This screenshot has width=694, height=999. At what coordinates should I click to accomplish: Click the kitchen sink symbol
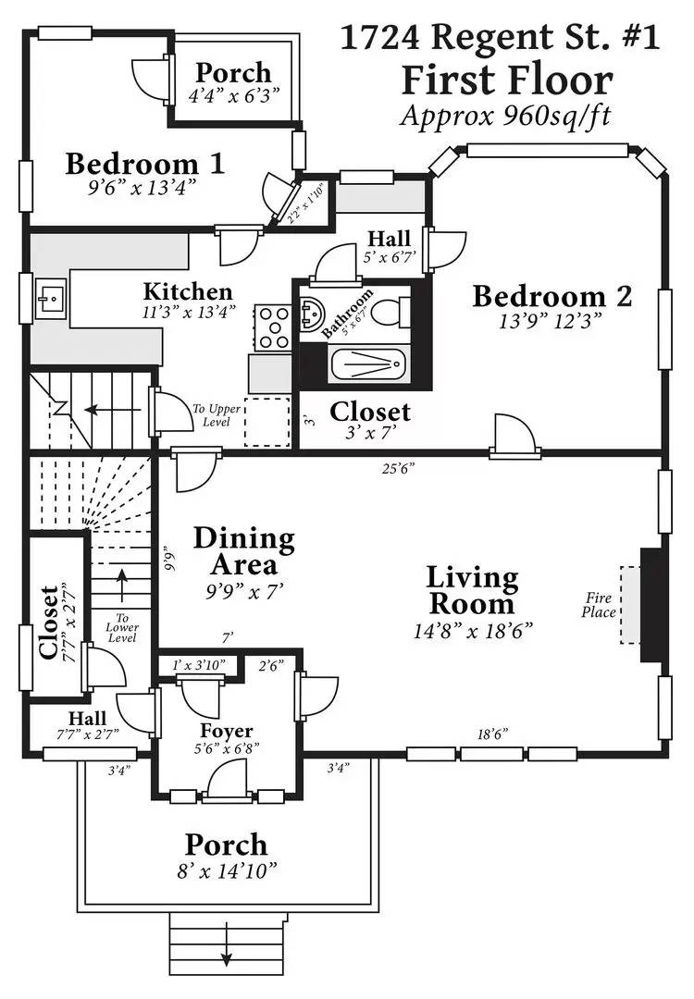[50, 298]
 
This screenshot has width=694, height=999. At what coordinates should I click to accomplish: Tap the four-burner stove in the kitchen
[274, 327]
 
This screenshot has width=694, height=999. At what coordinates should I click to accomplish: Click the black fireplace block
[652, 605]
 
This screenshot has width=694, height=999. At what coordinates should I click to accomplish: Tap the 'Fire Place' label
[598, 605]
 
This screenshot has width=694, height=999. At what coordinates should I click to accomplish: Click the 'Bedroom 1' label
[144, 164]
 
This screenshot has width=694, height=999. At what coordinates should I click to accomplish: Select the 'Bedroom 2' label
[551, 296]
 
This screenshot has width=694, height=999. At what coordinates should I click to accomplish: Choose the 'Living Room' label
[472, 590]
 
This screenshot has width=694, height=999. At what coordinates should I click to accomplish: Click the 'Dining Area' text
[244, 551]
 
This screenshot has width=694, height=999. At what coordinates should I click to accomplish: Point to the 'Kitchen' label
[188, 291]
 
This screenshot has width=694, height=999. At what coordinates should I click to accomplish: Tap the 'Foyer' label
[226, 731]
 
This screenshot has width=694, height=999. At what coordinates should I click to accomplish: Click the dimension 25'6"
[398, 469]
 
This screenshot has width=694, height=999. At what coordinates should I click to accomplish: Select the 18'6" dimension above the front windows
[492, 734]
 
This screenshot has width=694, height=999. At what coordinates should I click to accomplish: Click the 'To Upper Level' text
[216, 414]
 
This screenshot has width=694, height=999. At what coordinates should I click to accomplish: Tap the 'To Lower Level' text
[122, 627]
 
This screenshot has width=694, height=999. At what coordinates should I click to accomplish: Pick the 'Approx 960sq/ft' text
[505, 116]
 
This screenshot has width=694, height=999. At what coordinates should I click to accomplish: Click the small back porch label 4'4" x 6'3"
[234, 96]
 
